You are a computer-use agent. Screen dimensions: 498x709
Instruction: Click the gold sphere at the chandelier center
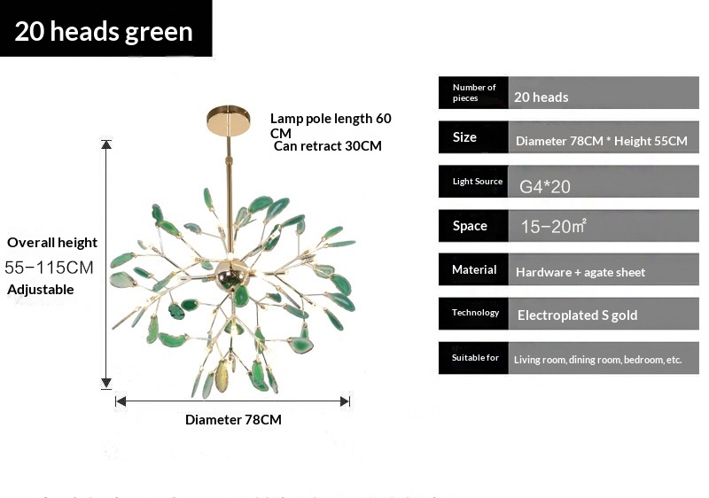(226, 272)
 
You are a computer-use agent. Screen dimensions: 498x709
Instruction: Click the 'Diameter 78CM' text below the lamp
(233, 419)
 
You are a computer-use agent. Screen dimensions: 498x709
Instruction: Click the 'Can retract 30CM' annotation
(328, 146)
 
